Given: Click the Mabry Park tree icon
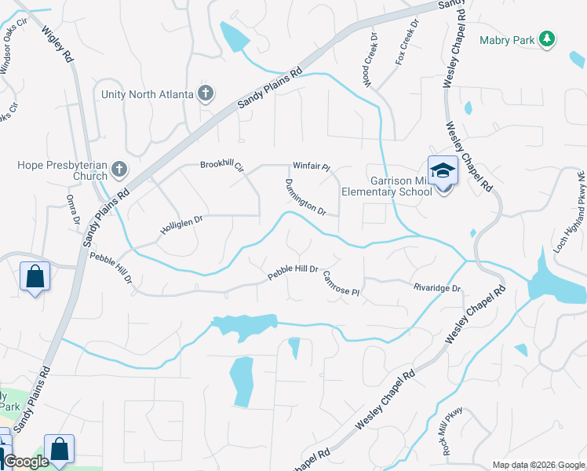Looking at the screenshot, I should point(549,38).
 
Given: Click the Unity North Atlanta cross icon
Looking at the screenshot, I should point(206,94).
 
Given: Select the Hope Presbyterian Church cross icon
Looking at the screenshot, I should point(118,169).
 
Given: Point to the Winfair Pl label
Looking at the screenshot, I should point(312,167).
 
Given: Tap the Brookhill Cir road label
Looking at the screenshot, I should point(222,166).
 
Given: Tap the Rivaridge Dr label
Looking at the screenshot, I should point(436,289).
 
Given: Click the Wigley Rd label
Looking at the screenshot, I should point(57,46).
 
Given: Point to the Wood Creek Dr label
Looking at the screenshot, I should point(370,59).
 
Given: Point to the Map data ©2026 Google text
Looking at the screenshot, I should point(538,465).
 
